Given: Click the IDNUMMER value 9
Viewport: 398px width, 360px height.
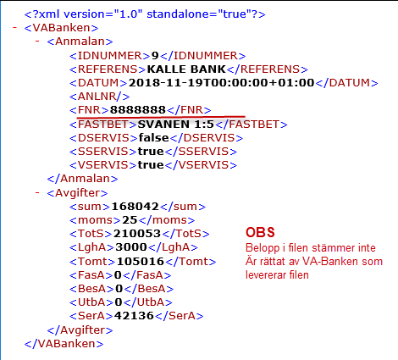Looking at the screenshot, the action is tap(155, 56).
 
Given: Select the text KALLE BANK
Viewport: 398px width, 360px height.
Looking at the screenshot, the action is tap(186, 69).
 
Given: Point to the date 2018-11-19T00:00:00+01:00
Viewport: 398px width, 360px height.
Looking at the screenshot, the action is tap(221, 83).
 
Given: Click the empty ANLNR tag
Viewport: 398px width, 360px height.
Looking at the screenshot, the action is tap(99, 97).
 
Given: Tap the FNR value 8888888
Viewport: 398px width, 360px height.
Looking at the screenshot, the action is tap(138, 110).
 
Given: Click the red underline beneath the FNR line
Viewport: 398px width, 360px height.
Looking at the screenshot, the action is tap(161, 116).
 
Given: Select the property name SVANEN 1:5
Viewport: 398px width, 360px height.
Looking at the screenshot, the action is tap(176, 125).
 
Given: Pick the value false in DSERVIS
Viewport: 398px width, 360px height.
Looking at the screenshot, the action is tap(153, 138).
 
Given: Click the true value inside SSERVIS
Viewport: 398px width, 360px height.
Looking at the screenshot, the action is tap(151, 152).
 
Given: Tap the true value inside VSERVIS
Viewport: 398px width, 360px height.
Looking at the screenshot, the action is tap(151, 165).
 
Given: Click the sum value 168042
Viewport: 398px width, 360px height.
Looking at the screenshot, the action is tap(135, 207).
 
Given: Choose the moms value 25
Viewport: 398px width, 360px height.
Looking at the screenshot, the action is tap(130, 220).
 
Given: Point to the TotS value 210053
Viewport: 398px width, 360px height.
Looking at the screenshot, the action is tap(137, 234).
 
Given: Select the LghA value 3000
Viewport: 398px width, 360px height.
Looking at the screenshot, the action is tap(131, 247).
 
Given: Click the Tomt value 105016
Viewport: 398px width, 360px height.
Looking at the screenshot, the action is tap(141, 261).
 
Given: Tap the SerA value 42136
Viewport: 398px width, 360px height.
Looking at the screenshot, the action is tap(134, 316).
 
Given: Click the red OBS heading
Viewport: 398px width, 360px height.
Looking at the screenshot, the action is tap(260, 232).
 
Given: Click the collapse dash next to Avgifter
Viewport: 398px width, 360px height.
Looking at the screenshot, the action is tap(37, 193).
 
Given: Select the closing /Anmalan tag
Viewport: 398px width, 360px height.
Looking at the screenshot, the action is tap(82, 179).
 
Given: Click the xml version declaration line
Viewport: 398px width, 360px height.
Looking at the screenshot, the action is tap(145, 14).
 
